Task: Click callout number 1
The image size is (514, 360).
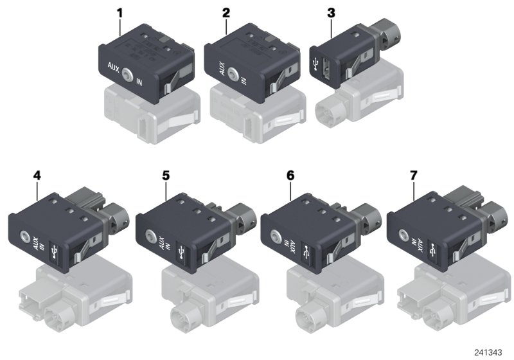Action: [x=119, y=12]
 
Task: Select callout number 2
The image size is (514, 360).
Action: [x=226, y=12]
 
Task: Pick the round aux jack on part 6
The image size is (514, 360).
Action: [x=278, y=237]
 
